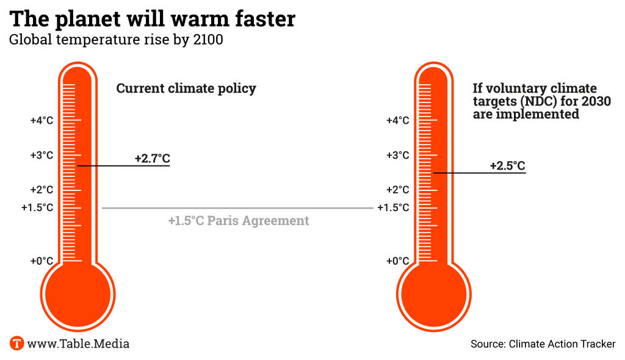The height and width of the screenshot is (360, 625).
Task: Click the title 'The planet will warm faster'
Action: pyautogui.click(x=153, y=19)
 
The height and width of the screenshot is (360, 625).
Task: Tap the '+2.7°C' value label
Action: pyautogui.click(x=152, y=159)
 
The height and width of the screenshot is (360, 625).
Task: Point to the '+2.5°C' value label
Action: pyautogui.click(x=507, y=166)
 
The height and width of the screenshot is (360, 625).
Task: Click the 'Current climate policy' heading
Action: pyautogui.click(x=186, y=88)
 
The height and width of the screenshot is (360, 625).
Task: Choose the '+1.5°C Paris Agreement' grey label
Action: pyautogui.click(x=239, y=220)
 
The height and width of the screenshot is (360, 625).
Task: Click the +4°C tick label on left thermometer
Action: pyautogui.click(x=42, y=120)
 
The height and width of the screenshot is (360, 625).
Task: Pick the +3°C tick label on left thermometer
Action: pyautogui.click(x=42, y=155)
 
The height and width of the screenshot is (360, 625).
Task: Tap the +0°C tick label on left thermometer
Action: pyautogui.click(x=42, y=261)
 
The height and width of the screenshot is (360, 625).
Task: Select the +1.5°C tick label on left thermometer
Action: pyautogui.click(x=37, y=207)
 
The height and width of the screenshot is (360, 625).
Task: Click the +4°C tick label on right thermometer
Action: pyautogui.click(x=398, y=120)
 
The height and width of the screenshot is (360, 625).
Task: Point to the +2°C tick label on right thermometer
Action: pyautogui.click(x=398, y=190)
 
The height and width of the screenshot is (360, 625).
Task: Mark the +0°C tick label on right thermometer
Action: pyautogui.click(x=398, y=261)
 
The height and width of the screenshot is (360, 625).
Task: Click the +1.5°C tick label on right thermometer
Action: pyautogui.click(x=394, y=207)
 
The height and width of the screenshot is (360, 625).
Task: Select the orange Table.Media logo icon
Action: pyautogui.click(x=17, y=344)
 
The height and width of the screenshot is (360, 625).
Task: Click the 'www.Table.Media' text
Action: pyautogui.click(x=78, y=344)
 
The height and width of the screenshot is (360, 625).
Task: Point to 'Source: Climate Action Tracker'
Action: pyautogui.click(x=543, y=344)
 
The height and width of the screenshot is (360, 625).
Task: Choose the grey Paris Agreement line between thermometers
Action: pyautogui.click(x=237, y=208)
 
